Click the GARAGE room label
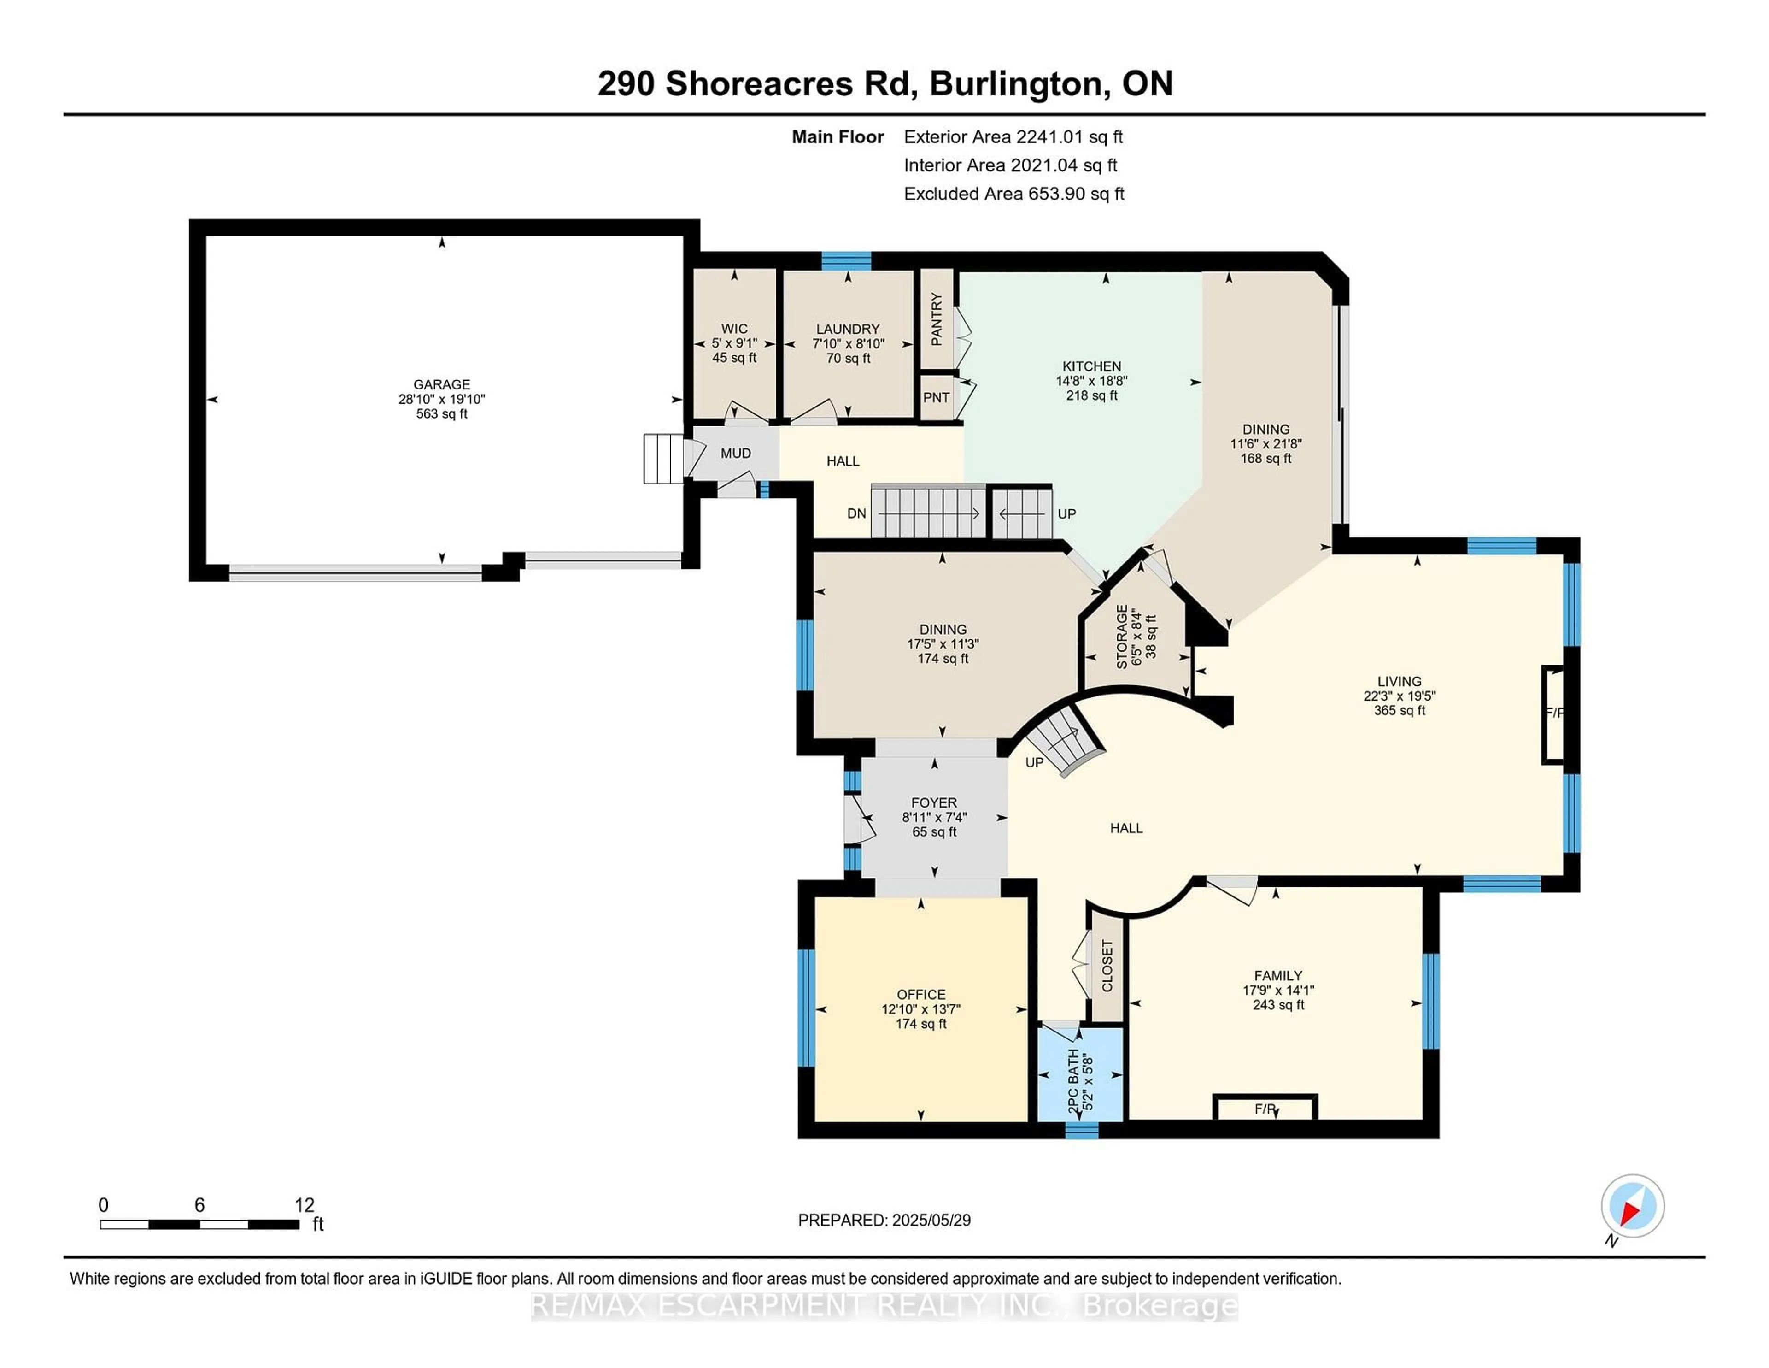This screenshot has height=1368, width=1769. coord(441,384)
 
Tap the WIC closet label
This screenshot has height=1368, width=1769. coord(734,328)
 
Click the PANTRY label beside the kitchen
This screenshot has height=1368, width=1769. coord(937,319)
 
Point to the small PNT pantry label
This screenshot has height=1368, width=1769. coord(937,397)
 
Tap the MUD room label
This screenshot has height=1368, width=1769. coord(735,453)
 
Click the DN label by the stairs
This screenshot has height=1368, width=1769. coord(856,513)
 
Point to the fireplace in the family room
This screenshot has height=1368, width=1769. coord(1265,1108)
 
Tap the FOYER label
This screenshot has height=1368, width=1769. coord(934,802)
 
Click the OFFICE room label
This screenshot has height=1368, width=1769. coord(921,994)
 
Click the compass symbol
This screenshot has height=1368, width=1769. coord(1632,1206)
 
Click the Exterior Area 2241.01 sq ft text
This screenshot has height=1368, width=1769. coord(1013,137)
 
